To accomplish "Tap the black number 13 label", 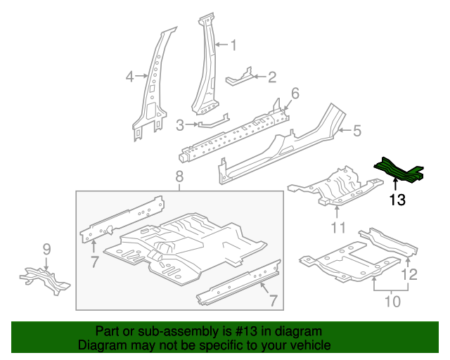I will click(397, 201).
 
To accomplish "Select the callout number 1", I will click(233, 46).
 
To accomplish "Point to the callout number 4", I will click(129, 77).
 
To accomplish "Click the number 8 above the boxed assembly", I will click(179, 176).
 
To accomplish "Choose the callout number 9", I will click(46, 248).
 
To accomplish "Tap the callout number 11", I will click(338, 227).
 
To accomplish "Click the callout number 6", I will click(295, 94).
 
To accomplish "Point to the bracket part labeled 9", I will click(44, 278).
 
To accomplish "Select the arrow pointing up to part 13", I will click(394, 184).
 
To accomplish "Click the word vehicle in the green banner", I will click(310, 345).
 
